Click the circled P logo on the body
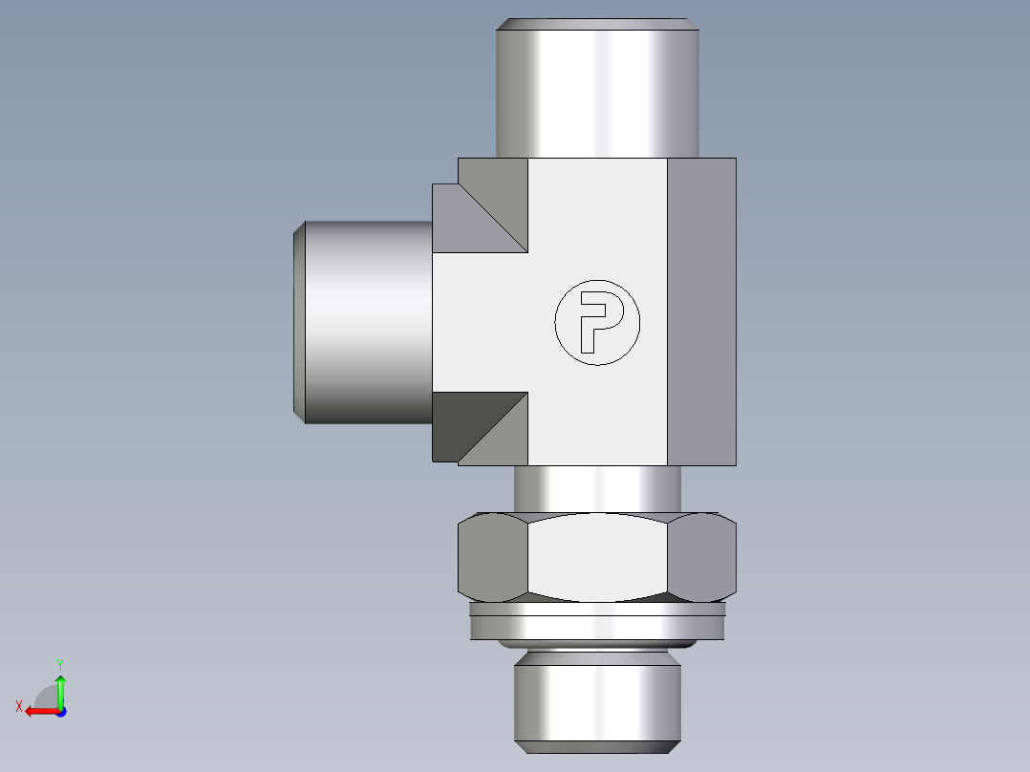coord(597,323)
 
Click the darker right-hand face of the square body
coord(701,311)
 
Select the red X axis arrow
coord(38,711)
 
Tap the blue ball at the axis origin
coord(60,711)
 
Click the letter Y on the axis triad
coord(60,662)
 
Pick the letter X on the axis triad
coord(18,706)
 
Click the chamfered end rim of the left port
coord(298,322)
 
